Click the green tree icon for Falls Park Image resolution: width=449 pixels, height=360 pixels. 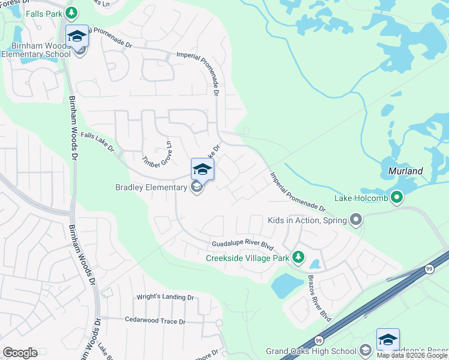coord(72,12)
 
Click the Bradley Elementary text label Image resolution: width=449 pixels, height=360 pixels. coord(151,188)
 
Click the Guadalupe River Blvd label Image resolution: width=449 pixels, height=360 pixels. coord(242,245)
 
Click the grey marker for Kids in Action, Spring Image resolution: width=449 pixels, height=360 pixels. coord(357,220)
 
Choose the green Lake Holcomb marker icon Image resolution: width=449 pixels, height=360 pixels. coord(396,197)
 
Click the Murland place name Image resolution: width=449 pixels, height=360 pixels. coord(405,171)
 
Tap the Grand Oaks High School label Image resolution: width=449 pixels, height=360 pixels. coord(312,351)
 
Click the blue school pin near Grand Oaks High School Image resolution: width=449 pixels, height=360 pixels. coord(388,340)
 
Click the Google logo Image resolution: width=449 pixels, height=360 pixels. coord(20,353)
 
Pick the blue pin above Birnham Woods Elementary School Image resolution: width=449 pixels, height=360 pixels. coord(77,36)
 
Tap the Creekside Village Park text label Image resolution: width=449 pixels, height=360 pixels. coord(247,258)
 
